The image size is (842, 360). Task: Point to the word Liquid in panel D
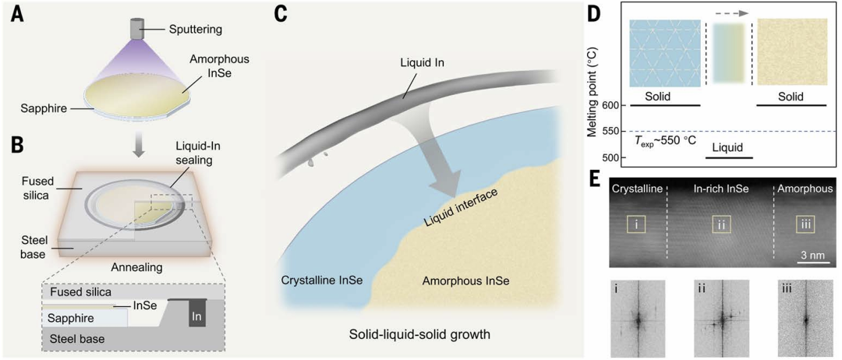coord(727,146)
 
